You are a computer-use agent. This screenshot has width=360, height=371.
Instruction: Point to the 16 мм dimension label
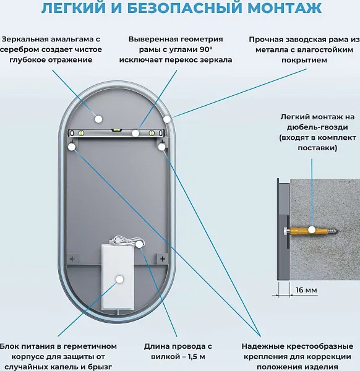coord(304,291)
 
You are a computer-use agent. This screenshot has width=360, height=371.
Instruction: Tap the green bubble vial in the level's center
coord(116,131)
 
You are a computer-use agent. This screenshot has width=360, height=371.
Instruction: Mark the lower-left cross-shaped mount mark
coord(72,257)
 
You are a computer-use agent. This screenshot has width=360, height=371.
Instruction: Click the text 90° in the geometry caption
coord(203,49)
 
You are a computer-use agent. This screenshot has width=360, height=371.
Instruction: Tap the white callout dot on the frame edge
coord(167,118)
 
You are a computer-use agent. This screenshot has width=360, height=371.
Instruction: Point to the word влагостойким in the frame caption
coord(322,49)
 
